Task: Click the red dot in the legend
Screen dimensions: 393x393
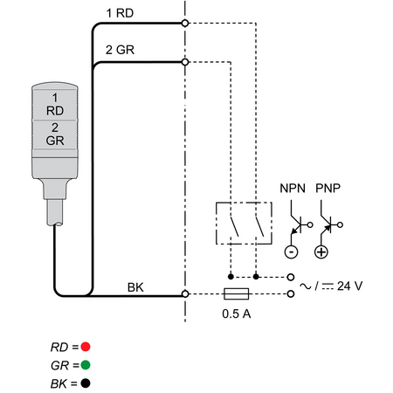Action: [x=86, y=347]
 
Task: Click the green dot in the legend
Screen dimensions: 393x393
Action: [x=86, y=365]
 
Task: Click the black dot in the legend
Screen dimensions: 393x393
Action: [x=86, y=383]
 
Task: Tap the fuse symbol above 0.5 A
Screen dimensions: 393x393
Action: [x=236, y=293]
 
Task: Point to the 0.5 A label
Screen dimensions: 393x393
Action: [x=237, y=314]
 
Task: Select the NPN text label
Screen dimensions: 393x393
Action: [x=293, y=189]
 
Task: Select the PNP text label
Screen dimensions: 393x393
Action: [x=327, y=189]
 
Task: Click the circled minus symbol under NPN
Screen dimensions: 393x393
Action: [x=291, y=252]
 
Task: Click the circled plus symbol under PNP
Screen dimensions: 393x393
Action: [x=321, y=252]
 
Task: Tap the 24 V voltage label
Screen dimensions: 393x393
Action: [x=349, y=286]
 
